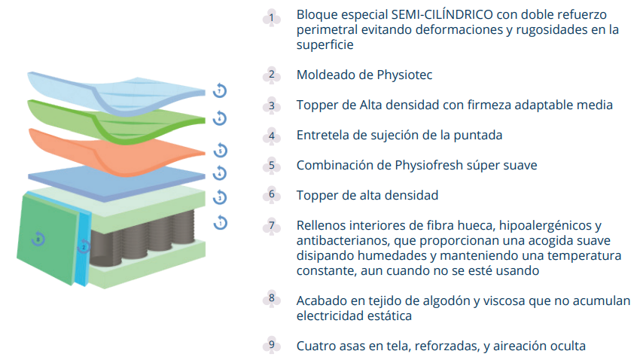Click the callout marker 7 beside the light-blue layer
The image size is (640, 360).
pyautogui.click(x=220, y=90)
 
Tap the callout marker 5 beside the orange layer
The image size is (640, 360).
pyautogui.click(x=220, y=150)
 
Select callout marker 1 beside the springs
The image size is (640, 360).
pyautogui.click(x=221, y=222)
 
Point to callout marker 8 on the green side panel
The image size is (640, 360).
pyautogui.click(x=38, y=239)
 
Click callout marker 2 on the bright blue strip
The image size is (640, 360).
pyautogui.click(x=84, y=246)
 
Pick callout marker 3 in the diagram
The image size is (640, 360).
pyautogui.click(x=220, y=197)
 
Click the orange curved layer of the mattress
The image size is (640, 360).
pyautogui.click(x=116, y=152)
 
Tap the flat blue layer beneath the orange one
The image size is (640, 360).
pyautogui.click(x=116, y=182)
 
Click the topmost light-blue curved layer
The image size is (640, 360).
pyautogui.click(x=116, y=95)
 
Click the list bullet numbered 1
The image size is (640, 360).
pyautogui.click(x=271, y=18)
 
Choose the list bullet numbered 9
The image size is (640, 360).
pyautogui.click(x=271, y=345)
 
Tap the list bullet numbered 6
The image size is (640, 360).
pyautogui.click(x=271, y=195)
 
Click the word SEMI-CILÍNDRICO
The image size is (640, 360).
pyautogui.click(x=442, y=14)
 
